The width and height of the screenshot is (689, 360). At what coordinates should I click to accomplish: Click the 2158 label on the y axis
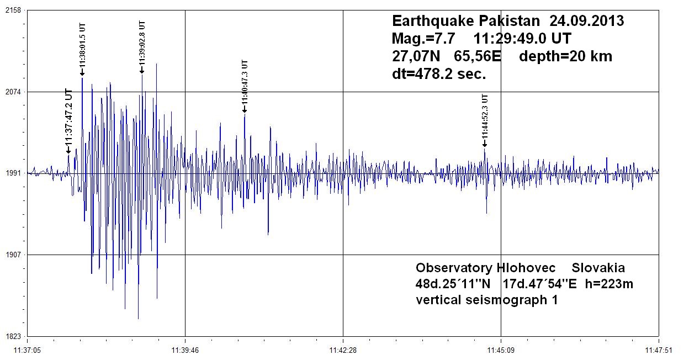click(x=13, y=10)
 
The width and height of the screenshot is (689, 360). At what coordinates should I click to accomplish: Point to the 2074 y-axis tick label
click(x=13, y=92)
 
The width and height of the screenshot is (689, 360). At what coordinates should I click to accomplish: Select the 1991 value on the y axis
click(x=13, y=173)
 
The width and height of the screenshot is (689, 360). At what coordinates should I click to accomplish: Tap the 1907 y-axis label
click(x=13, y=255)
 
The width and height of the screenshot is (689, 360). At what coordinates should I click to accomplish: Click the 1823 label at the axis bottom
click(x=13, y=336)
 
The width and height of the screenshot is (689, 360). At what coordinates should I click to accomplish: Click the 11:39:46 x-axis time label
click(x=185, y=350)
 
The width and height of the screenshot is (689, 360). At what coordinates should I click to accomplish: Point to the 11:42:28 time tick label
click(x=343, y=350)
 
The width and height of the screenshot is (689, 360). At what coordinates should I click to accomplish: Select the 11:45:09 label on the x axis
click(x=501, y=350)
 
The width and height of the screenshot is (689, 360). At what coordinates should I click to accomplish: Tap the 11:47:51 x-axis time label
click(x=659, y=350)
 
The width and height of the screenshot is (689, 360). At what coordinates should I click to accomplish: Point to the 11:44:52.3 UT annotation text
click(x=485, y=117)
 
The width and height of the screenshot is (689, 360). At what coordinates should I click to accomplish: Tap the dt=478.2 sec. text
click(x=439, y=74)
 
